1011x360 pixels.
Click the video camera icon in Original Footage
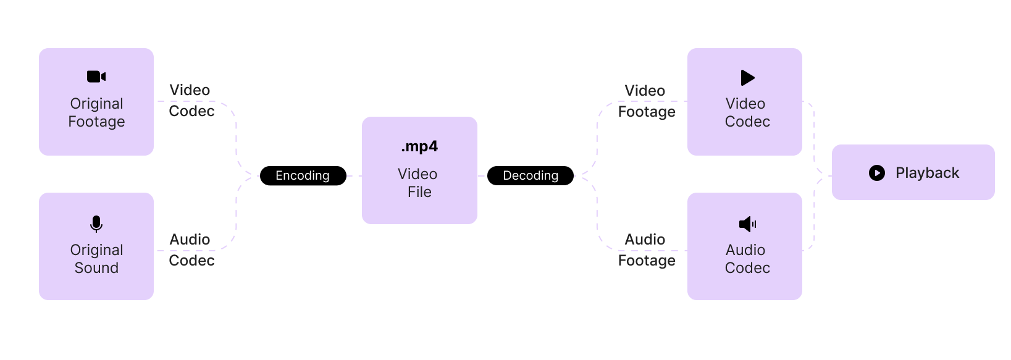96,77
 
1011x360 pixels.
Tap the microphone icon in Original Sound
96,224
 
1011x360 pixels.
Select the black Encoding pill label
303,176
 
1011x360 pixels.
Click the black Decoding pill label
530,176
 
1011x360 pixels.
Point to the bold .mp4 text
419,146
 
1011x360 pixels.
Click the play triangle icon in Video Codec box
747,78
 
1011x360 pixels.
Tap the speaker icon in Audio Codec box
747,224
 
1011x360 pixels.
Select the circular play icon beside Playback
876,173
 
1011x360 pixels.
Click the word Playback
927,173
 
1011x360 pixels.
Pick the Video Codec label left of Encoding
191,101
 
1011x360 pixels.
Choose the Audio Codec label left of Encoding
191,249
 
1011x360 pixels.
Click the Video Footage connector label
646,101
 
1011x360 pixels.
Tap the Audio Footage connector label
646,249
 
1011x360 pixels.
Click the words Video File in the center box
418,183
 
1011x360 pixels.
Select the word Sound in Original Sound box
96,268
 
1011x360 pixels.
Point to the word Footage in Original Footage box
96,122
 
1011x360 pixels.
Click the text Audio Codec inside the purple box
747,259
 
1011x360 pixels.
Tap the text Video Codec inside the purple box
747,112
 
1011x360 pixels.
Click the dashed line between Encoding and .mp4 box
354,176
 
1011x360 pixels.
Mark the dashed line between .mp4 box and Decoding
482,176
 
